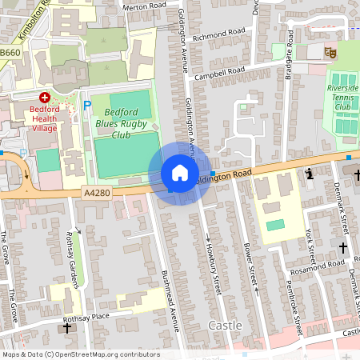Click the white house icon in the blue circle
click(179, 173)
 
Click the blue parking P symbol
click(87, 105)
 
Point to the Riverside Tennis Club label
click(342, 97)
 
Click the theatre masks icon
click(329, 52)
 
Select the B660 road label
click(10, 53)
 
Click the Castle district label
click(225, 325)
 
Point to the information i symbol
click(309, 174)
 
